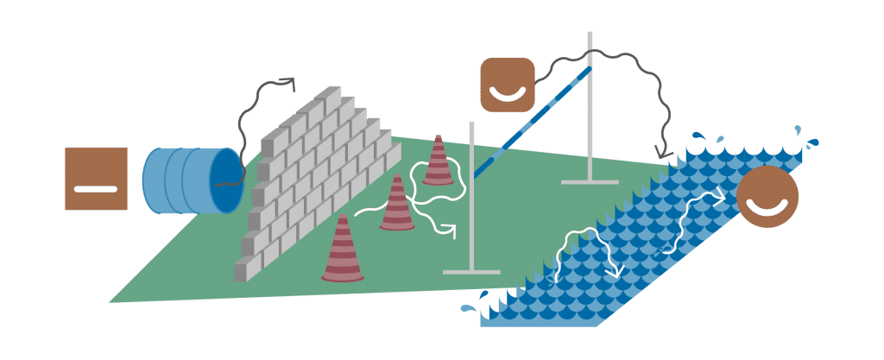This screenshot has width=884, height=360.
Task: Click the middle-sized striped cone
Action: click(397, 204)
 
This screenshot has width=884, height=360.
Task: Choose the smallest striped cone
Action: click(438, 161)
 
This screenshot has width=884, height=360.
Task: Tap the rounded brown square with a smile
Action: click(508, 84)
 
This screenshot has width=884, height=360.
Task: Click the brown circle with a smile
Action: click(767, 197)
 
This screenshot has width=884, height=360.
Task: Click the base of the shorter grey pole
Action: click(471, 271)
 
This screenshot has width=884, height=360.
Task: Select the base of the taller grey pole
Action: click(590, 181)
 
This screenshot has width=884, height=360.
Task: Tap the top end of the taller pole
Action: click(590, 35)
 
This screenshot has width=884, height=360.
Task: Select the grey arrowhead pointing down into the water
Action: click(666, 153)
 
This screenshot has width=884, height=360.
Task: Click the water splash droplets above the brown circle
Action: click(804, 136)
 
